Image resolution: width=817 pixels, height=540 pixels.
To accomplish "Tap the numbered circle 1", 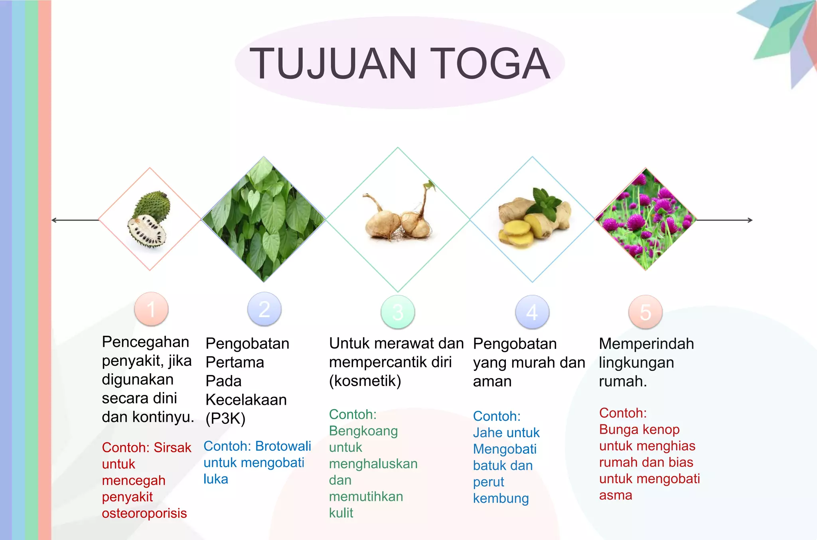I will (151, 309).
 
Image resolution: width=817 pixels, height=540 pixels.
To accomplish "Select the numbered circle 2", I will (264, 309).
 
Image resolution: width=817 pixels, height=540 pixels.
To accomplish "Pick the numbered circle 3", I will (398, 312).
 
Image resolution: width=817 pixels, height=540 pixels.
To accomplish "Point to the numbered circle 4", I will (532, 312).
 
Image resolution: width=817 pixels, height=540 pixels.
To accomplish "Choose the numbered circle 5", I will (645, 312).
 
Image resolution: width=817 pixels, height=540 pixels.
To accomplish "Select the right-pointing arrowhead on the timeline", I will (750, 220).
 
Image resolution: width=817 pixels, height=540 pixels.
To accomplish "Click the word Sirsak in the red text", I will (172, 447).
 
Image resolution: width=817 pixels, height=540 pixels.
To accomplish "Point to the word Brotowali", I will (283, 446).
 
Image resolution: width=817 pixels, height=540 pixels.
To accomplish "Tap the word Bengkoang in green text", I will (363, 431).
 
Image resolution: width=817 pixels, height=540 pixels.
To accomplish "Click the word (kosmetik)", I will (365, 381).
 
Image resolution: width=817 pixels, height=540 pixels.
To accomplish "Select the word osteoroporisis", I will (144, 513).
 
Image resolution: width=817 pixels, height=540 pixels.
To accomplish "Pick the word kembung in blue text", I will (501, 499).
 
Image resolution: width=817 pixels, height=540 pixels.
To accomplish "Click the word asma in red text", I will (616, 495).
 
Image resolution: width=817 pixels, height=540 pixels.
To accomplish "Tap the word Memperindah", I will (646, 344).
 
